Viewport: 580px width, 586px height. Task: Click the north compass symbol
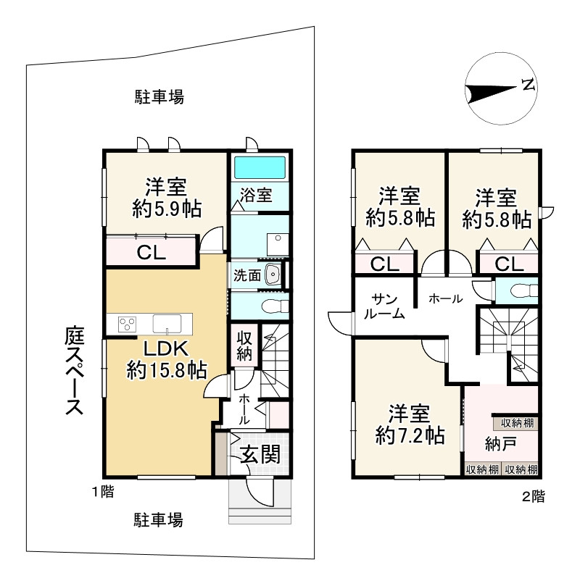pyautogui.click(x=501, y=89)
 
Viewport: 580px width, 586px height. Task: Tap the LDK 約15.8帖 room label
pyautogui.click(x=167, y=360)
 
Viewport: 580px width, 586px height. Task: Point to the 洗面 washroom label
pyautogui.click(x=246, y=275)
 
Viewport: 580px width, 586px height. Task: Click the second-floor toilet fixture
pyautogui.click(x=521, y=291)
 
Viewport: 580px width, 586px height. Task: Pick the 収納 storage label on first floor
pyautogui.click(x=243, y=347)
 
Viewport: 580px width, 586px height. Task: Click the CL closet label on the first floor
pyautogui.click(x=152, y=254)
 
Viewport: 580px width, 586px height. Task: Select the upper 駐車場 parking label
pyautogui.click(x=159, y=96)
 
